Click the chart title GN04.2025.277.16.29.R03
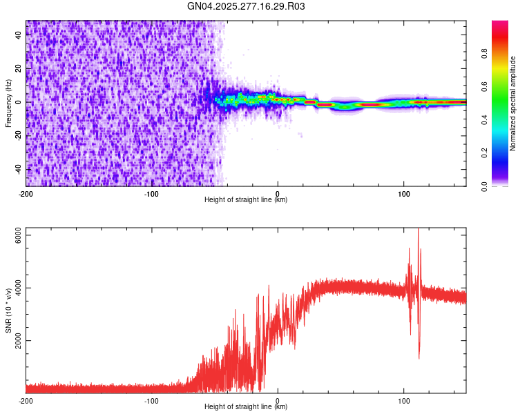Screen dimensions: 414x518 coord(247,6)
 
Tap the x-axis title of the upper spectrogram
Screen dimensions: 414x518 coord(246,199)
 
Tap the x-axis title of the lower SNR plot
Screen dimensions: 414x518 coord(246,406)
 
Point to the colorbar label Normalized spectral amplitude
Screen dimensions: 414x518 coord(513,103)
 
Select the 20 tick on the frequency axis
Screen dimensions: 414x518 coord(19,69)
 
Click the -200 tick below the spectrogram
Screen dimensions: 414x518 coord(26,193)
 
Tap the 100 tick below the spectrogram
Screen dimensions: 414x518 coord(403,193)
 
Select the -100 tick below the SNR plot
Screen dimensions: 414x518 coord(152,400)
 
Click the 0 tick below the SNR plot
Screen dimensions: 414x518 coord(278,400)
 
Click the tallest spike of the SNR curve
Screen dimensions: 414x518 coord(418,230)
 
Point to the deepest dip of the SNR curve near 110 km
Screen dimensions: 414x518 coord(419,357)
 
